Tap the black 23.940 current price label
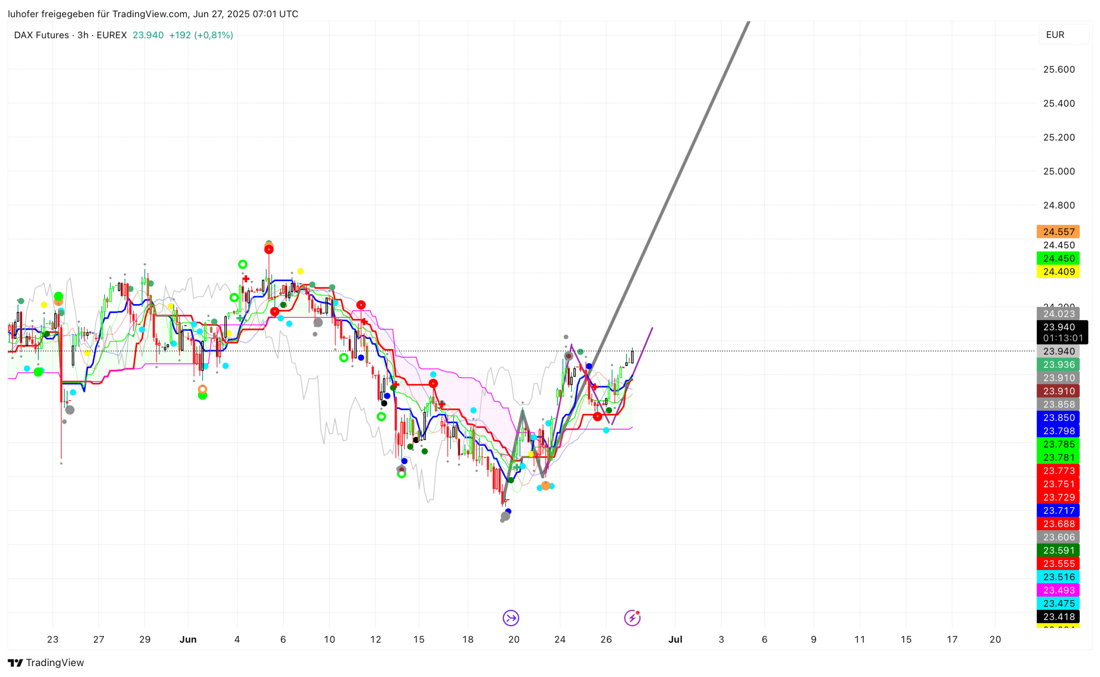click(x=1058, y=327)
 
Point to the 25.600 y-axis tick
click(x=1058, y=70)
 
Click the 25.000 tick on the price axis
click(x=1058, y=171)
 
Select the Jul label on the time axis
click(x=675, y=640)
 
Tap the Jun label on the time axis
click(x=188, y=640)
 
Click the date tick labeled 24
click(x=559, y=640)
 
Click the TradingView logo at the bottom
click(x=46, y=662)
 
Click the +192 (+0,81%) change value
click(x=201, y=35)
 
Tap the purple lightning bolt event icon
click(x=632, y=618)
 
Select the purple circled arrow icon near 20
click(x=510, y=618)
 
